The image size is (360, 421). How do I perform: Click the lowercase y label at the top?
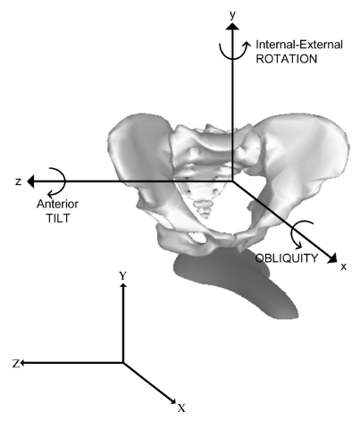tap(232, 15)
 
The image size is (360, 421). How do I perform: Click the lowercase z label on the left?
tap(19, 181)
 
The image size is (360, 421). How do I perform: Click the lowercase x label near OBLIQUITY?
tap(344, 266)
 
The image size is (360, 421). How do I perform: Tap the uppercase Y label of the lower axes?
tap(123, 276)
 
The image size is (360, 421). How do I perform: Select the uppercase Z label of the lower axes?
tap(16, 363)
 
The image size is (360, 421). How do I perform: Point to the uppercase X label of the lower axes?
tap(181, 408)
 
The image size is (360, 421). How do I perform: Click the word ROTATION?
tap(287, 59)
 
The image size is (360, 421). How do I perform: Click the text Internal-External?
tap(299, 45)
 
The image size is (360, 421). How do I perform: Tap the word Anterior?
tap(57, 204)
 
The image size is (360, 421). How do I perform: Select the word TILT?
tap(58, 218)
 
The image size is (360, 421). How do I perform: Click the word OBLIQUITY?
tap(287, 258)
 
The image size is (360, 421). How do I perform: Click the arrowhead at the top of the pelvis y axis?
tap(232, 26)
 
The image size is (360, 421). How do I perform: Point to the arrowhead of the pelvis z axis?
tap(30, 181)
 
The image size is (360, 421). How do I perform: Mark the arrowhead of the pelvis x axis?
tap(332, 258)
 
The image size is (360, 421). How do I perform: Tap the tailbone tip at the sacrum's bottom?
tap(205, 215)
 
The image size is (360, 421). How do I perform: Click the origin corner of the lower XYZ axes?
tap(123, 363)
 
